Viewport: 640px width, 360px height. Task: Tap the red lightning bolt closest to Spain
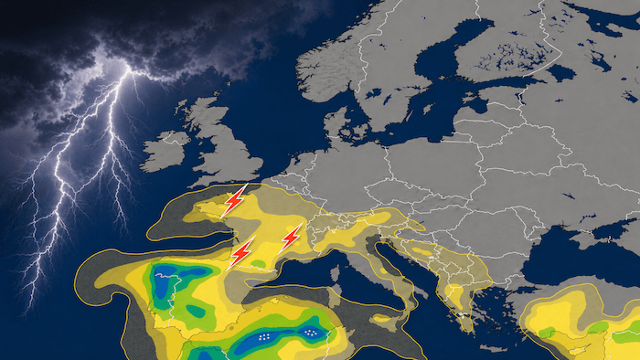[x=242, y=251]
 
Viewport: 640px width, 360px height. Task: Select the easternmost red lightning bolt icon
[x=291, y=238]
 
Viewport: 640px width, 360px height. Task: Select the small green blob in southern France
[x=261, y=268]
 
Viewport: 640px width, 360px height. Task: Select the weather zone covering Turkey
[x=576, y=320]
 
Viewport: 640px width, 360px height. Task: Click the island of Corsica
[x=336, y=274]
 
